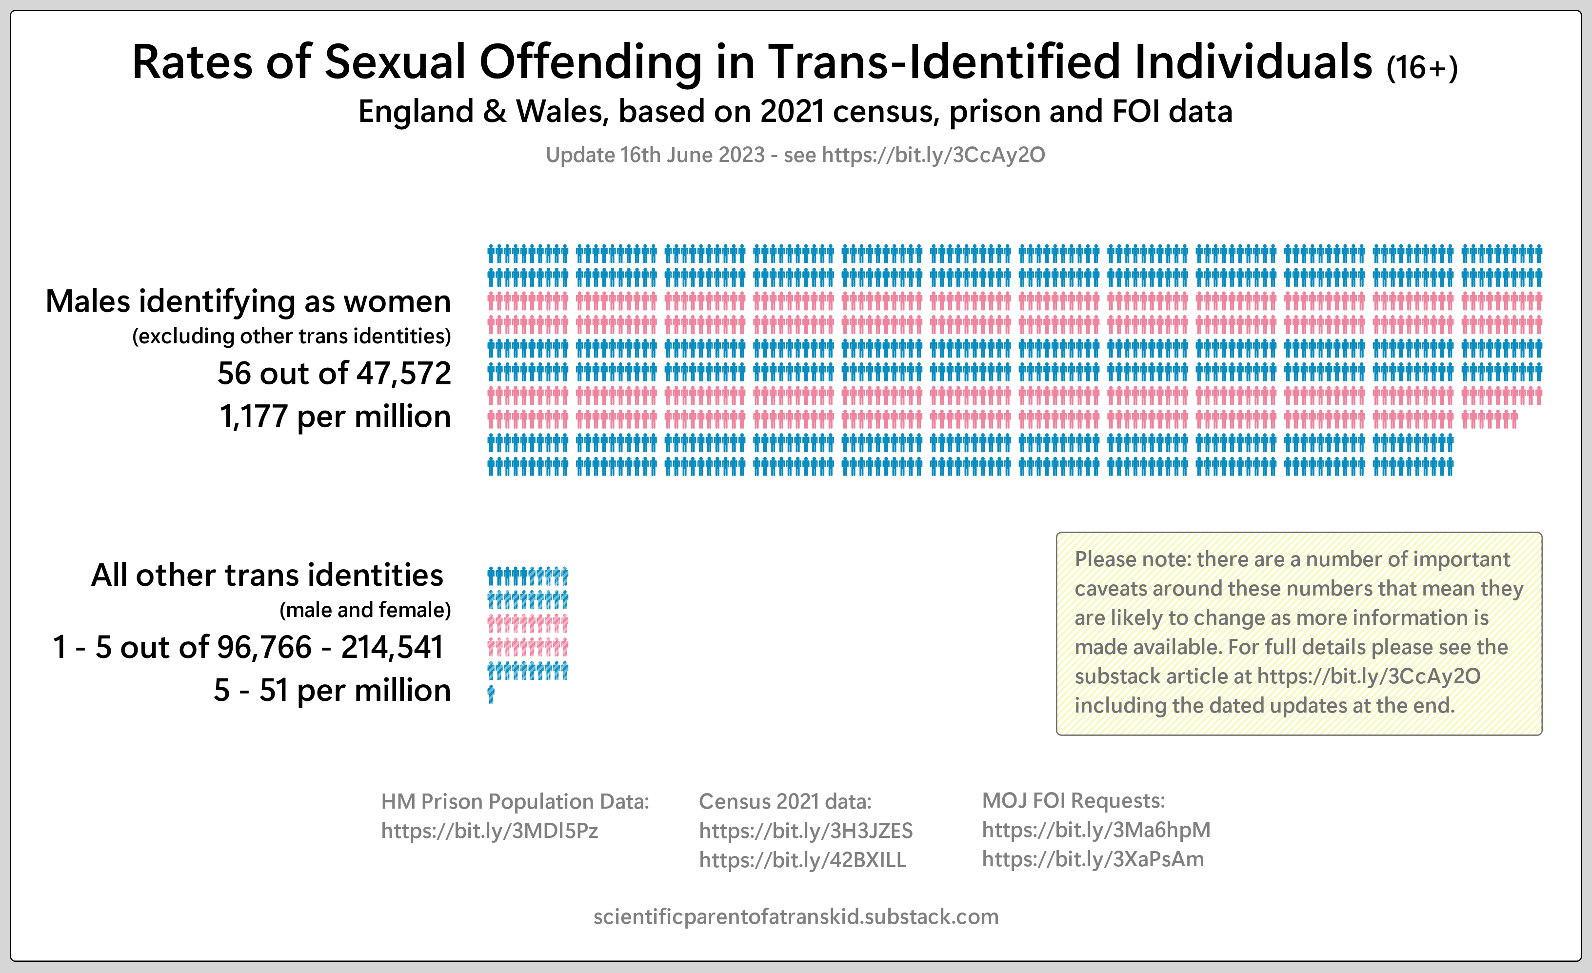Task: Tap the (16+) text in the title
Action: click(x=1422, y=68)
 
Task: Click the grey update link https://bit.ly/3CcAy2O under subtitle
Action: click(x=933, y=155)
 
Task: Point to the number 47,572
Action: click(x=404, y=374)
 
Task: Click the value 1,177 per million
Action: click(x=335, y=417)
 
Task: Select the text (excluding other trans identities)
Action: click(x=291, y=336)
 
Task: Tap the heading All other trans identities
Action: click(x=267, y=575)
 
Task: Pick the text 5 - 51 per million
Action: click(x=332, y=691)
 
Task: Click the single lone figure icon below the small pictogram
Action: click(x=491, y=695)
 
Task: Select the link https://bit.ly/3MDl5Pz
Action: click(x=489, y=831)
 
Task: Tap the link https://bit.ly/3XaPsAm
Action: click(x=1093, y=859)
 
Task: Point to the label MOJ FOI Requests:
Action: click(x=1073, y=801)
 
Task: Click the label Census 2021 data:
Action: click(x=785, y=802)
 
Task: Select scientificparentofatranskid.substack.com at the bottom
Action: click(x=796, y=917)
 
